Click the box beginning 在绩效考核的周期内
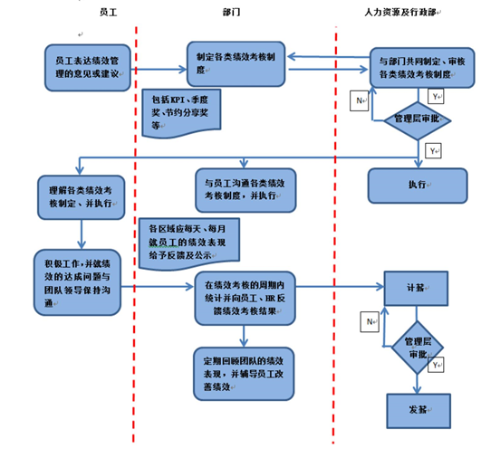[244, 300]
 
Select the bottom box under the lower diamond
[417, 410]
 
